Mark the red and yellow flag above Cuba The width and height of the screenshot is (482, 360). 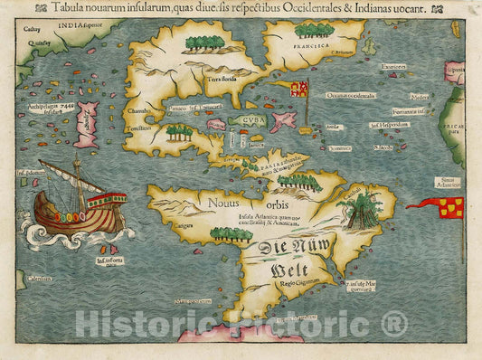click(298, 89)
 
